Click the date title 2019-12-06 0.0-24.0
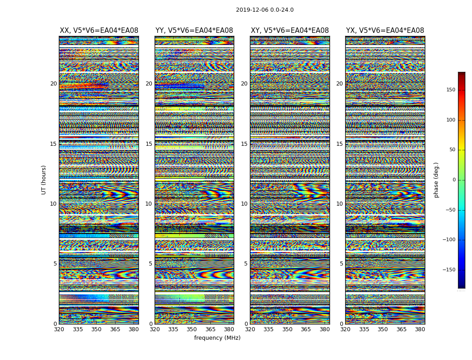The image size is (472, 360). click(265, 10)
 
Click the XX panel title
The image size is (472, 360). click(99, 31)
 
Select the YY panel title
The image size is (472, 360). click(194, 31)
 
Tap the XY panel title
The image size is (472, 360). click(289, 31)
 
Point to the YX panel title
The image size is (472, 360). click(385, 31)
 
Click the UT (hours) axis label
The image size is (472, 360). click(44, 180)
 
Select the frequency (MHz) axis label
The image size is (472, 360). click(217, 338)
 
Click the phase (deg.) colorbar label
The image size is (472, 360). click(436, 180)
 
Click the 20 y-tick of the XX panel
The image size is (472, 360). click(53, 84)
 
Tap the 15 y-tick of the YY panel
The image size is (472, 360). click(149, 144)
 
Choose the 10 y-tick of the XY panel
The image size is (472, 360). click(244, 204)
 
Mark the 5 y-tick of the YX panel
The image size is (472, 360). click(341, 264)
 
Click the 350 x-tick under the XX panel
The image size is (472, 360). click(96, 329)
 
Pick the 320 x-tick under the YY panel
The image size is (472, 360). click(155, 329)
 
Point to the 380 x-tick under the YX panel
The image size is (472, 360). click(420, 329)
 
